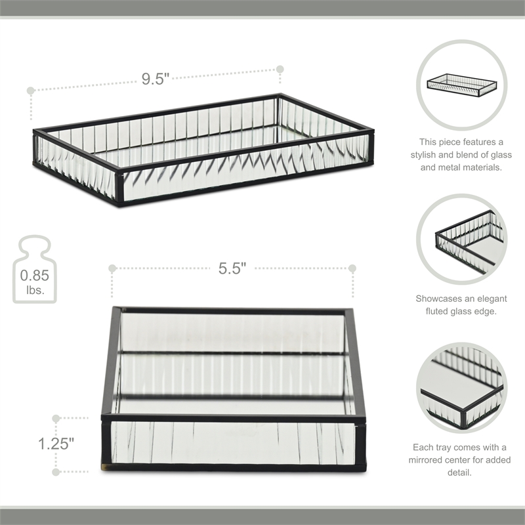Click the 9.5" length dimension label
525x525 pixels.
click(x=156, y=78)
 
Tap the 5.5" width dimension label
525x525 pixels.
click(x=232, y=268)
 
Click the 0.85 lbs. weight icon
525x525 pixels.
click(x=34, y=270)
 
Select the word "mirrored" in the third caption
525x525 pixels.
click(x=436, y=460)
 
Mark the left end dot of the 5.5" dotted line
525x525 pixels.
click(x=112, y=268)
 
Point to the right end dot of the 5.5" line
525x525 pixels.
click(x=352, y=268)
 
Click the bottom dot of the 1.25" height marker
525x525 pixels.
click(x=56, y=471)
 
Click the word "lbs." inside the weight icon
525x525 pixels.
click(x=34, y=289)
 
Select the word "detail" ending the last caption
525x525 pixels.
click(x=462, y=472)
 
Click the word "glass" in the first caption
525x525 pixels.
click(x=495, y=154)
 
